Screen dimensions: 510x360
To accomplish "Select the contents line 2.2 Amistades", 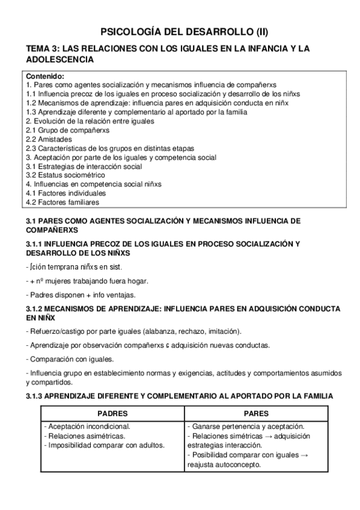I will pyautogui.click(x=50, y=139).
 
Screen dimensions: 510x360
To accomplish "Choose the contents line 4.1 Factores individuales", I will pyautogui.click(x=66, y=193).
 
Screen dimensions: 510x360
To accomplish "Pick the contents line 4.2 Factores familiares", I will pyautogui.click(x=63, y=202).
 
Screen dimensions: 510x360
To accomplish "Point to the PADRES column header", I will pyautogui.click(x=112, y=414).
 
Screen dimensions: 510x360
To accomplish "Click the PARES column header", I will pyautogui.click(x=256, y=414).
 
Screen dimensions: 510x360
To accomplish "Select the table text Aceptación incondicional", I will pyautogui.click(x=88, y=426).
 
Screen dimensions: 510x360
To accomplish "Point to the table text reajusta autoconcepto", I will pyautogui.click(x=224, y=464).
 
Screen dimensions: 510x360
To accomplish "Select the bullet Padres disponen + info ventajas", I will pyautogui.click(x=81, y=295).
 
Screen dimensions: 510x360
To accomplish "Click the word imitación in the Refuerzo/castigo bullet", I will pyautogui.click(x=221, y=331).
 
